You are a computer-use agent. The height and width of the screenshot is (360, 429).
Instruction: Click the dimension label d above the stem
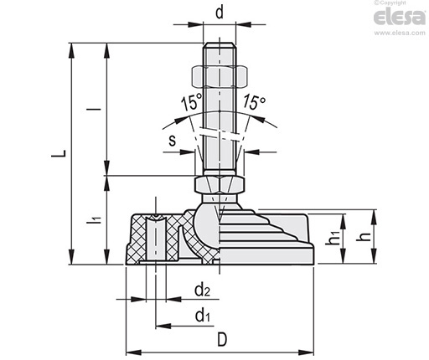tap(220, 13)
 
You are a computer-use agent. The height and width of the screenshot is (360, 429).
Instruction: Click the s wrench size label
tap(173, 141)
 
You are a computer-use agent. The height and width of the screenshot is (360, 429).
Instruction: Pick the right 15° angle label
tap(254, 101)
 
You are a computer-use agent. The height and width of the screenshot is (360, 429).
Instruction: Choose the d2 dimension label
tap(202, 290)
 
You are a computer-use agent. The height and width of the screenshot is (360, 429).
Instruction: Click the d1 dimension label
tap(203, 316)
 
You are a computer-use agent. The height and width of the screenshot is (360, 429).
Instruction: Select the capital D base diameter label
tap(222, 340)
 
